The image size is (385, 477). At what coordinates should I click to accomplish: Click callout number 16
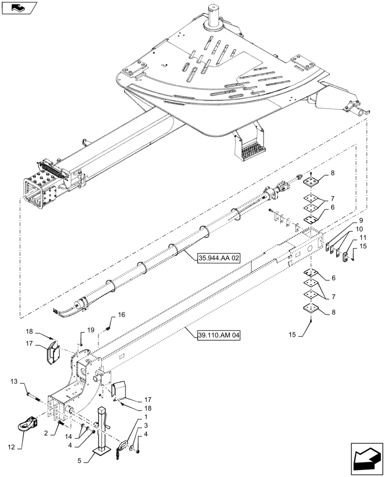point(121,314)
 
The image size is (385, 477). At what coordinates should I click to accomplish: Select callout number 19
point(91,330)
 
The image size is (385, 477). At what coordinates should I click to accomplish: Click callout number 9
point(360,220)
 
